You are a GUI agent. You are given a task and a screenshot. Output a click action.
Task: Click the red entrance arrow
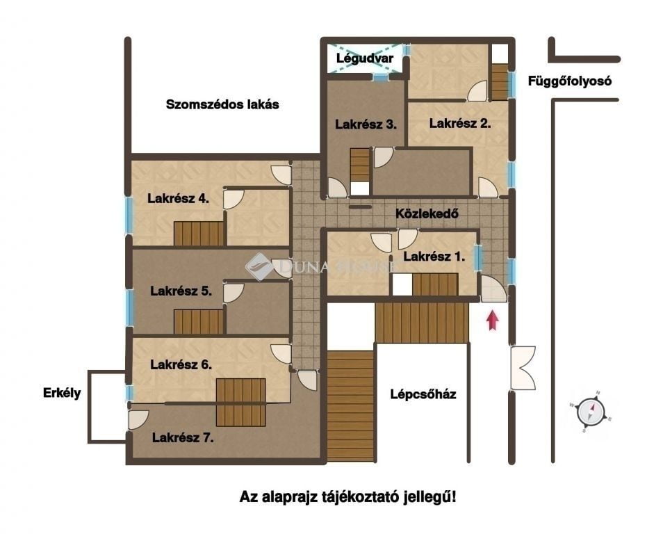coord(493,320)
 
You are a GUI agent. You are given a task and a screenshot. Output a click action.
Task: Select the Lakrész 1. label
coord(434,257)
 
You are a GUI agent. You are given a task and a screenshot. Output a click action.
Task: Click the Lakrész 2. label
coord(460,124)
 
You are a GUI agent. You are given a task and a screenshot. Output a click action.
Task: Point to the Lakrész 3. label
coord(366,125)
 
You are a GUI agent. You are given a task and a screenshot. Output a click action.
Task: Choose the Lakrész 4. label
coord(179,197)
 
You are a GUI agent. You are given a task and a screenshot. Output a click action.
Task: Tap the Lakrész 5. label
coord(181,291)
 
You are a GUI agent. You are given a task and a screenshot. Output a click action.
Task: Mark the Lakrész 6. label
coord(181,364)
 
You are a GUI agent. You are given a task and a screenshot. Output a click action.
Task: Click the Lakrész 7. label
coord(182,438)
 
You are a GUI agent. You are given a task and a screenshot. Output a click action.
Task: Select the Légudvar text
coord(365,59)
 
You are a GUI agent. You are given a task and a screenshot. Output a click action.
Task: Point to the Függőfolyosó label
coord(569,81)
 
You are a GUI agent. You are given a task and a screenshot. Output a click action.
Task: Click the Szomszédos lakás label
coord(222,105)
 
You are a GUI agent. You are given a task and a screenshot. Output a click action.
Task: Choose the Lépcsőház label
coord(423,395)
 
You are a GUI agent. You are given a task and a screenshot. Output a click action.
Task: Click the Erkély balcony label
coord(60,393)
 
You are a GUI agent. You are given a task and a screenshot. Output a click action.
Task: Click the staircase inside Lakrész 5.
coord(199,321)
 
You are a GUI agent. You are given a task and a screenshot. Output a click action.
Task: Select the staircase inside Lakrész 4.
coord(199,234)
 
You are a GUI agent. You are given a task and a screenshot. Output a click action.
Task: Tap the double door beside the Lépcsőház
coord(523,368)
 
